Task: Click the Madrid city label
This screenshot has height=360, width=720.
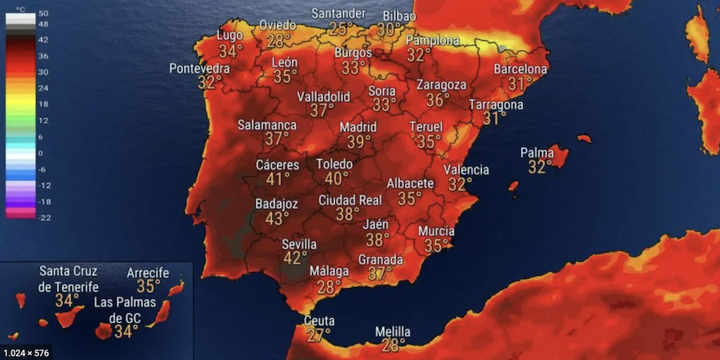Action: point(358,127)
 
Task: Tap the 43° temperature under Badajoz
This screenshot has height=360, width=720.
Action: point(278,218)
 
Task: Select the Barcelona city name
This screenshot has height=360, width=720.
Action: point(520,69)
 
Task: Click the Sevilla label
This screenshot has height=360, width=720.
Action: point(299,244)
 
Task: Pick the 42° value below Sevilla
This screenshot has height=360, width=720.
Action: point(295,258)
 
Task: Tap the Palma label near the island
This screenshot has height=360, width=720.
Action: point(537,153)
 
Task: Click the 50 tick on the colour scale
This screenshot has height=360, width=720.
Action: point(43,14)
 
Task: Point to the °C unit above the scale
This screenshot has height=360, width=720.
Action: point(21,7)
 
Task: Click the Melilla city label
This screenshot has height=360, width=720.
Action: point(393,332)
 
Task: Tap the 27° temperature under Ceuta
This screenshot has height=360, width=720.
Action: point(318,335)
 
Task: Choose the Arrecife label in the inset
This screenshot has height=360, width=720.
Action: point(148,273)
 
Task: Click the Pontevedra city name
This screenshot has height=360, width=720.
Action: point(199,69)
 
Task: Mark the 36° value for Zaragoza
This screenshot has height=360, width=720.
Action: point(438,100)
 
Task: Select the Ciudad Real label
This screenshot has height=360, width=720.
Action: point(350,200)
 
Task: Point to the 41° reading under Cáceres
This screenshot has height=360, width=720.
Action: point(278,180)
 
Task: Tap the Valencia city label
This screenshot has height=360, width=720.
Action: point(466,170)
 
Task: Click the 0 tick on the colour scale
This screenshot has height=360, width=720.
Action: point(42,153)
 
